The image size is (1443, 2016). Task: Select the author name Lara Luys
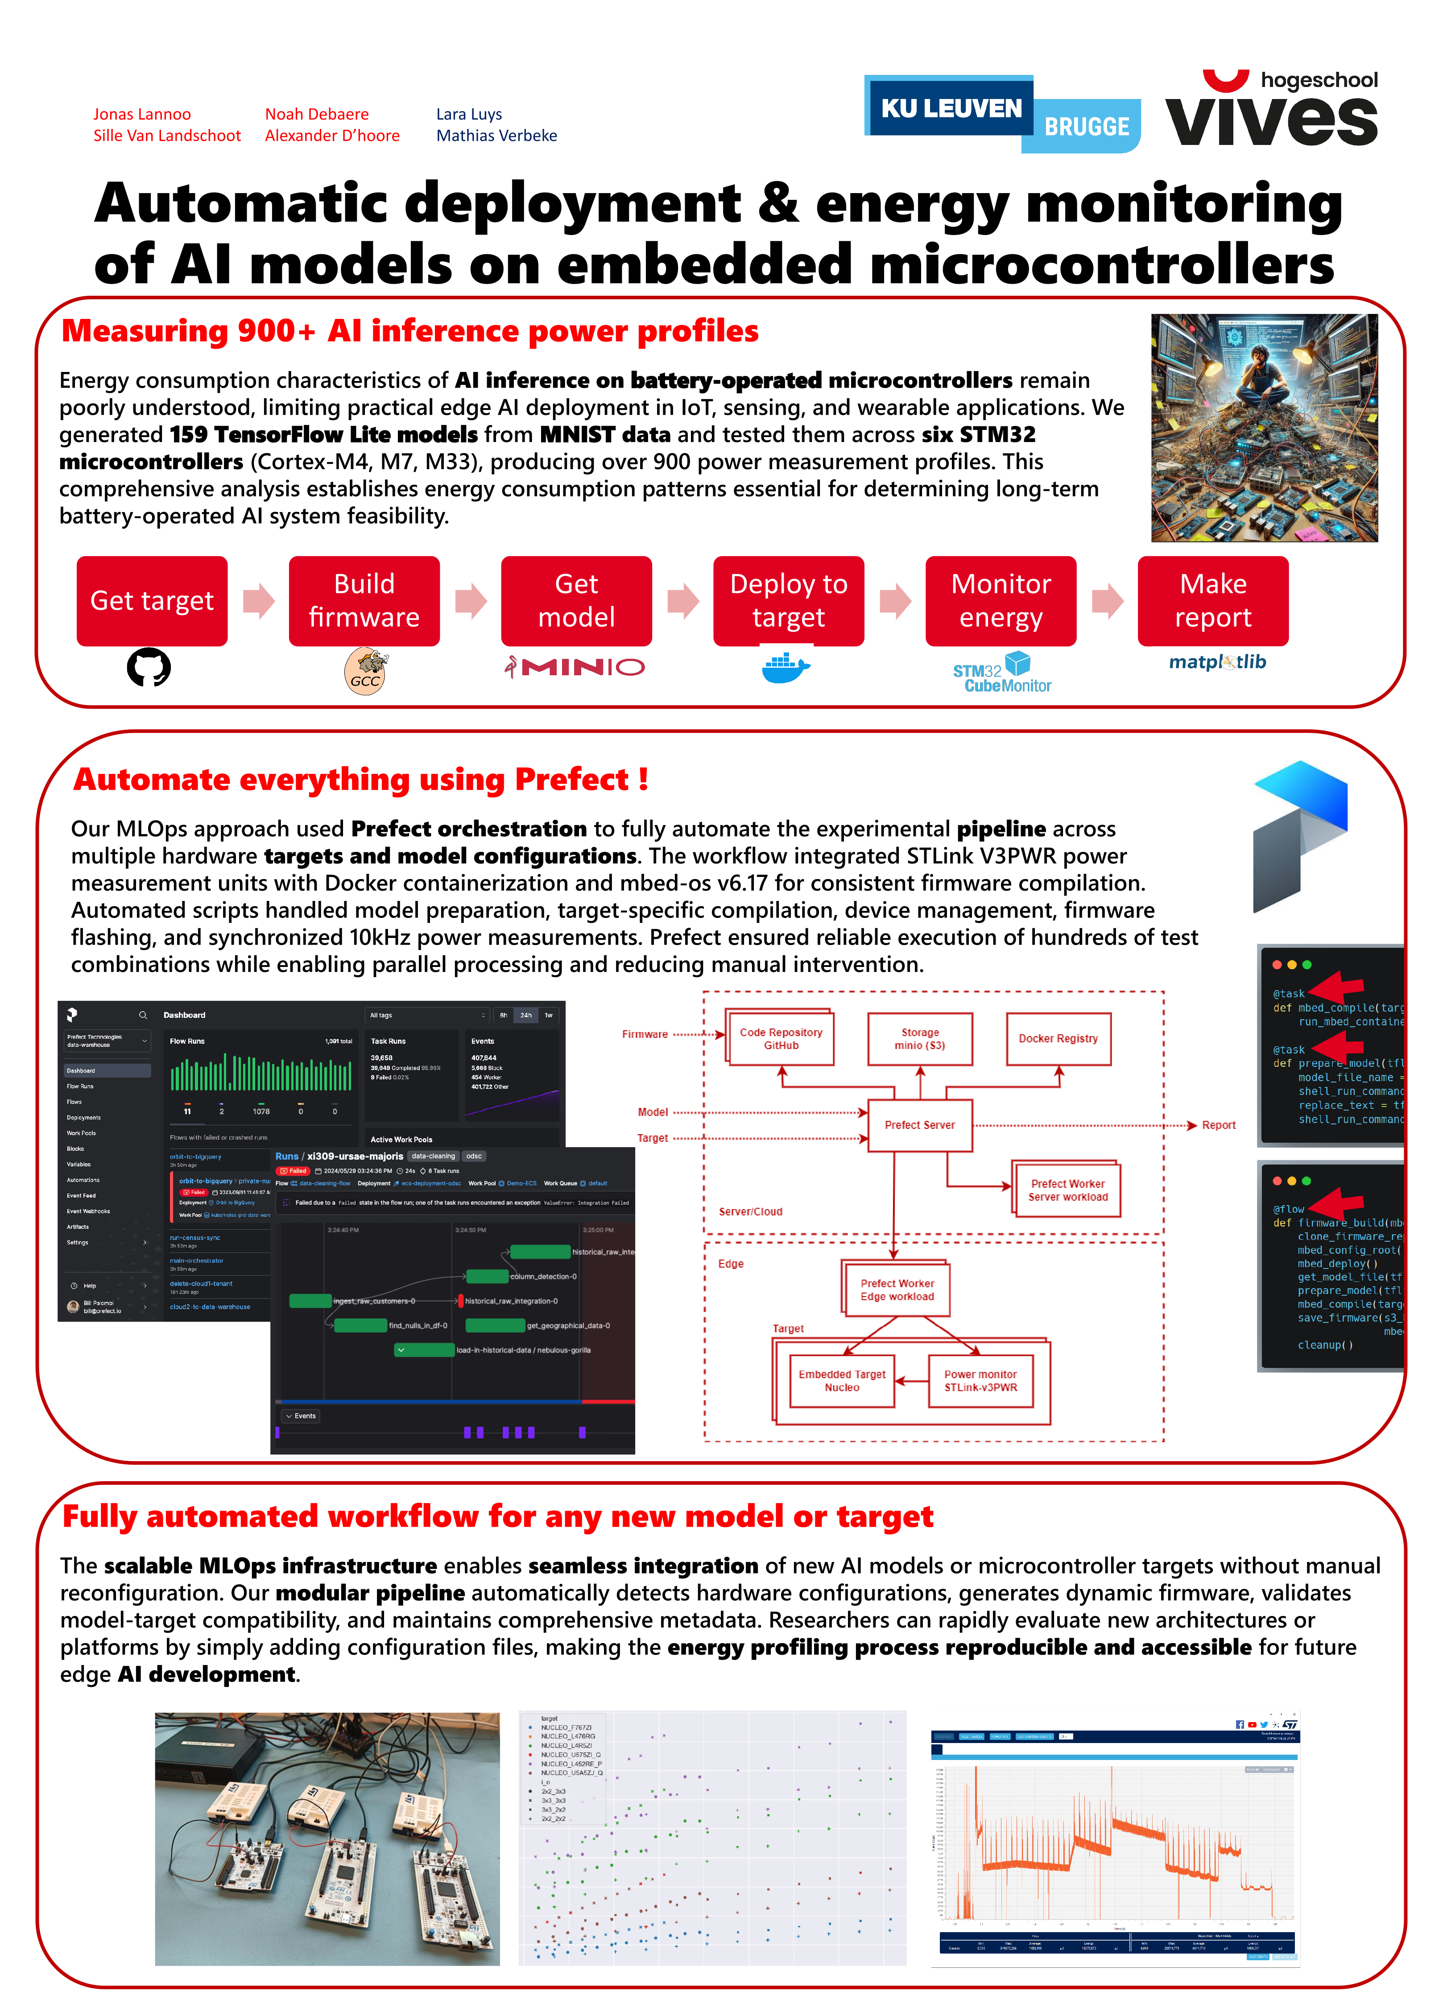pyautogui.click(x=468, y=114)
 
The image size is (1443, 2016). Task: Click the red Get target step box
pyautogui.click(x=152, y=601)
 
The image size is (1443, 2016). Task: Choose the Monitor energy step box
pyautogui.click(x=1001, y=601)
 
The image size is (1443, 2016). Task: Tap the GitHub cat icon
pyautogui.click(x=149, y=667)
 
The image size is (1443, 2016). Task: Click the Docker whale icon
pyautogui.click(x=786, y=667)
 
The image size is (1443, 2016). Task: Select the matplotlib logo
pyautogui.click(x=1217, y=662)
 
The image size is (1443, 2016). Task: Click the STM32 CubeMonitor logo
pyautogui.click(x=1002, y=673)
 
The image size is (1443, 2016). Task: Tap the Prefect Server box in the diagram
pyautogui.click(x=920, y=1125)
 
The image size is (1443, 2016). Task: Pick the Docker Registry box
pyautogui.click(x=1057, y=1039)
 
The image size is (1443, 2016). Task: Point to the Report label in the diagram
pyautogui.click(x=1218, y=1125)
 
